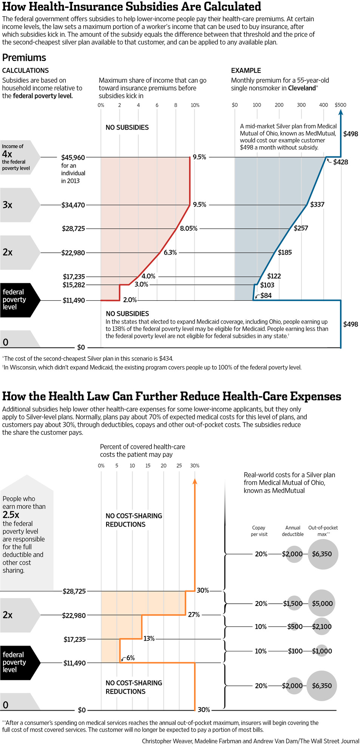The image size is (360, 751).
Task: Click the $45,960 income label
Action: tap(73, 157)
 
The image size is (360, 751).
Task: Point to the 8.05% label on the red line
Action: tap(188, 229)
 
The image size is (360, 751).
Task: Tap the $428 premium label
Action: tap(340, 162)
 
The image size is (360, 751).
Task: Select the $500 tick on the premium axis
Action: tap(340, 105)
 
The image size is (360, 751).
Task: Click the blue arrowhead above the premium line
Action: tap(341, 112)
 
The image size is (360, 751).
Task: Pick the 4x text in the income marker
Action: tap(7, 154)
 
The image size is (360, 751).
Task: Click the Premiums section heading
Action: tap(24, 57)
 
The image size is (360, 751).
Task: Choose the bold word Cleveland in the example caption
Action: tap(301, 88)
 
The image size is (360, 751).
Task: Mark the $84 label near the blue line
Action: tap(266, 295)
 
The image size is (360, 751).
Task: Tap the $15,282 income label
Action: tap(74, 285)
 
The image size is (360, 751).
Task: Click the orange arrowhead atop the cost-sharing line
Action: tap(195, 481)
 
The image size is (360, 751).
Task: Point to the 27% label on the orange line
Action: tap(194, 615)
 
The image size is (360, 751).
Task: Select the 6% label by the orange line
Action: tap(131, 658)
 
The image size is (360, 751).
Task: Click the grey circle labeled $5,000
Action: tap(322, 604)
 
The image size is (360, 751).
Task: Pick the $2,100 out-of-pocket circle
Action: tap(322, 627)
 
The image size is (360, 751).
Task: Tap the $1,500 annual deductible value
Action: tap(293, 604)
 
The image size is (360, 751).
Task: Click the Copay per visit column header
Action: tap(259, 531)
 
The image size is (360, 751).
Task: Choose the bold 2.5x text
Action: tap(11, 515)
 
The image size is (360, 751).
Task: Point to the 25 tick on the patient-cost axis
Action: tap(179, 466)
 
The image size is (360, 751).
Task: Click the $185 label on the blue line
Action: tap(285, 252)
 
